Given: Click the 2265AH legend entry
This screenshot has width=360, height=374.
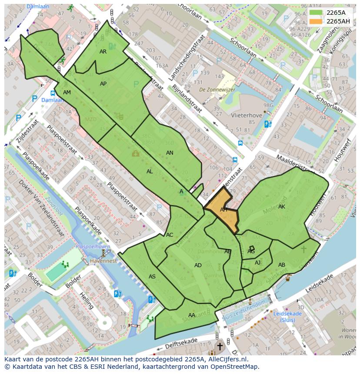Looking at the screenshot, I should tap(338, 21).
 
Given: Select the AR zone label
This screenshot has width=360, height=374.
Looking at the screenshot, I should tap(103, 52).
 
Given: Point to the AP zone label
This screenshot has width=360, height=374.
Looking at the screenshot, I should tap(103, 84).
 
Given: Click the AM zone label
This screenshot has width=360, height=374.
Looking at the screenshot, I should tap(67, 93).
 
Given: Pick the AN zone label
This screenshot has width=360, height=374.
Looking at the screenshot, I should tap(170, 153).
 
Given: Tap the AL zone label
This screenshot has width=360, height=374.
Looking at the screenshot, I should tap(150, 172).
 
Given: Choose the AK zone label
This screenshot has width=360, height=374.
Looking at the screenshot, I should tap(282, 207).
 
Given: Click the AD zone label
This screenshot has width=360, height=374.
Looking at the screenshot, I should tap(198, 265).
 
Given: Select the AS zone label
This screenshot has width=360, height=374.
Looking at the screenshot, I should tap(152, 277).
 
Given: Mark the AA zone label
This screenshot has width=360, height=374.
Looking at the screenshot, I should tap(192, 315).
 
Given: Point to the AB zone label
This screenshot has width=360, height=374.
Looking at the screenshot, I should tap(282, 265).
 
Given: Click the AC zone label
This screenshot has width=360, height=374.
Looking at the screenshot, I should tap(170, 235).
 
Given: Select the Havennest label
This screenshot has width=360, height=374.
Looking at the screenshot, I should tap(103, 261).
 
